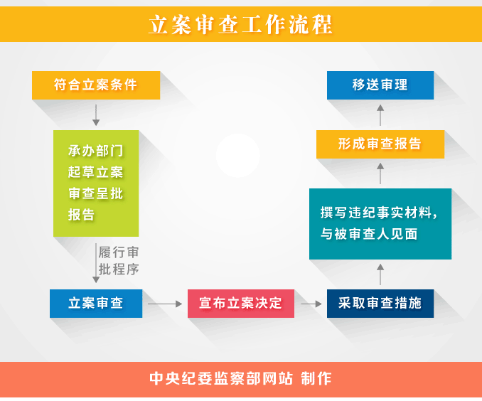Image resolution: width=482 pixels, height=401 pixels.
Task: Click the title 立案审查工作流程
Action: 240,25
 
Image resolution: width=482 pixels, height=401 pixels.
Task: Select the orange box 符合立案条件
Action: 96,85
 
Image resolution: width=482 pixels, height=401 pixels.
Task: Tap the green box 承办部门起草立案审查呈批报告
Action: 96,183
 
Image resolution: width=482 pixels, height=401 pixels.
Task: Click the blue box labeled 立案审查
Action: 96,303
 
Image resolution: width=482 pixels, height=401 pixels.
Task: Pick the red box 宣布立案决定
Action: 241,303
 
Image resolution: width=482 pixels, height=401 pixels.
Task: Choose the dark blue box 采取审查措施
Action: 380,303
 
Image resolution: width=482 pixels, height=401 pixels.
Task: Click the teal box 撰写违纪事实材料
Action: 380,223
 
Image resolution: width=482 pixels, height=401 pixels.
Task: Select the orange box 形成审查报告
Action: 380,144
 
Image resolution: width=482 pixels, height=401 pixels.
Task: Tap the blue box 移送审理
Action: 380,85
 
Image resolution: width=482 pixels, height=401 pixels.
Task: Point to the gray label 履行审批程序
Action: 119,260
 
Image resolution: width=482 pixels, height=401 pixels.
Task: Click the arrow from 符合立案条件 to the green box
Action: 96,115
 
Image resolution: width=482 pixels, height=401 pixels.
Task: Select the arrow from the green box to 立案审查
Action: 96,263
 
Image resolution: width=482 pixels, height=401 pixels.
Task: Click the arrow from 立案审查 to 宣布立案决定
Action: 165,304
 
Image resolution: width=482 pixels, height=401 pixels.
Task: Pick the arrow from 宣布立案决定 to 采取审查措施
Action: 311,304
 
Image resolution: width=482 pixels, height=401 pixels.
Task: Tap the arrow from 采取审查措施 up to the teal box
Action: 380,274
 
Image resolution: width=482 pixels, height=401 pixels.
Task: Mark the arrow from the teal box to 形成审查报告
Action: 380,173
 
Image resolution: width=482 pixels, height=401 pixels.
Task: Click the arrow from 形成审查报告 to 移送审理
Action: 380,115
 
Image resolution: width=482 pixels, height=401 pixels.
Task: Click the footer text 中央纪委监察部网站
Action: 221,378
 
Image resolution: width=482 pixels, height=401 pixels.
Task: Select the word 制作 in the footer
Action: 316,378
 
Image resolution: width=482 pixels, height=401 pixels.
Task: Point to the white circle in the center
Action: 237,155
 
